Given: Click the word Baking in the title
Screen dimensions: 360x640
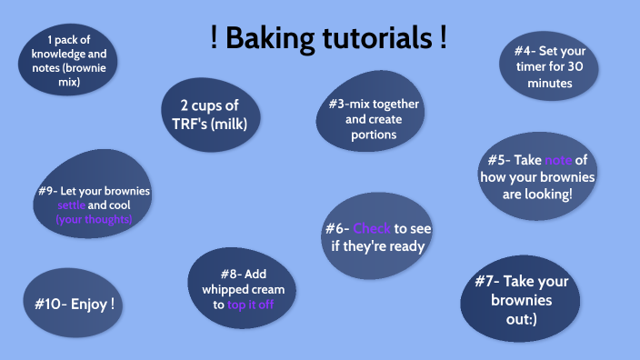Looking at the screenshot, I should click(270, 39).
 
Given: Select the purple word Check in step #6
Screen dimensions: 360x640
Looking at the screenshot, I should click(372, 228).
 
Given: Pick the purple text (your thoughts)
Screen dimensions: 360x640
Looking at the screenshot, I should click(94, 219).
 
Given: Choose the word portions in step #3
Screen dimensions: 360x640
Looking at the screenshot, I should click(374, 135).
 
